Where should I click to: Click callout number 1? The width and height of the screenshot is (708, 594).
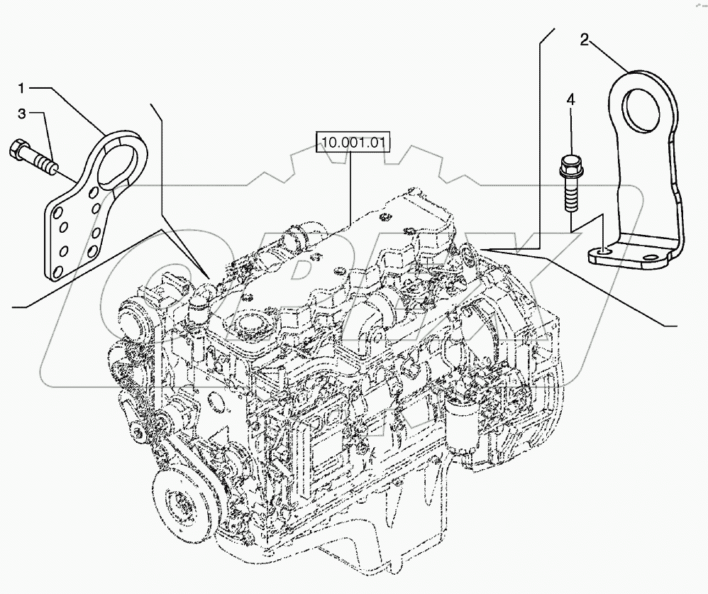click(21, 88)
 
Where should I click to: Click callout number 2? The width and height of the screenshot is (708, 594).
click(584, 40)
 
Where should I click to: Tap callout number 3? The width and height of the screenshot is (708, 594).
click(21, 113)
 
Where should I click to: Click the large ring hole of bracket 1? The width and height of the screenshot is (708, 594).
click(120, 155)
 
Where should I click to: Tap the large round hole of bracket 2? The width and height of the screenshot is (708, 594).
click(647, 109)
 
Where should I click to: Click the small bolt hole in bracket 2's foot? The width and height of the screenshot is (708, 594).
click(602, 251)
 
